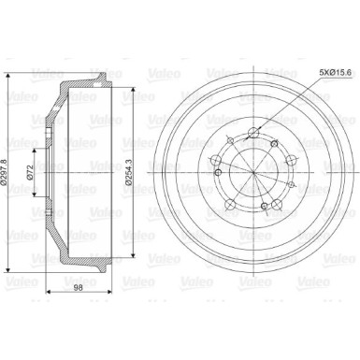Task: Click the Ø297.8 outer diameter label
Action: point(4,173)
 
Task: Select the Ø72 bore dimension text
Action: point(30,173)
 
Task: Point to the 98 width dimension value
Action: point(79,288)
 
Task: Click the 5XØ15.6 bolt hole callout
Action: point(336,72)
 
